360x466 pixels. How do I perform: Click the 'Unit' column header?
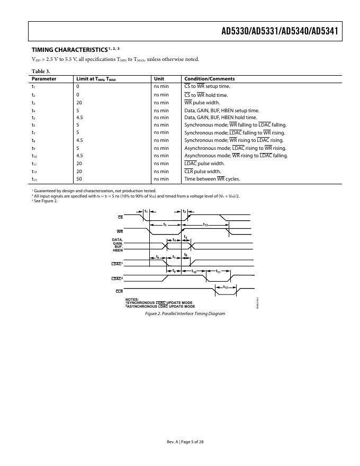click(x=159, y=78)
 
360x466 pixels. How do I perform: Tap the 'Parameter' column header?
click(x=44, y=78)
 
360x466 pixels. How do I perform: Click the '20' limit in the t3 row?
click(x=79, y=102)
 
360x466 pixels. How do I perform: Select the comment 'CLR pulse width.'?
click(x=203, y=172)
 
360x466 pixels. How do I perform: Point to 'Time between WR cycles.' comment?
click(x=212, y=179)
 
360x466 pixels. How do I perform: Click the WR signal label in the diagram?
click(x=120, y=231)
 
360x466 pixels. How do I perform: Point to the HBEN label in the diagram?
click(x=118, y=249)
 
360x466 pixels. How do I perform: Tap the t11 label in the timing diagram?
click(x=218, y=271)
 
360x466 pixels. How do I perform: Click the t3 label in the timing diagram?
click(x=165, y=225)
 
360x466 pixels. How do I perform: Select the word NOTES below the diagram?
click(x=132, y=299)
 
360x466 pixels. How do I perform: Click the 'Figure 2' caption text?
click(x=185, y=313)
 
